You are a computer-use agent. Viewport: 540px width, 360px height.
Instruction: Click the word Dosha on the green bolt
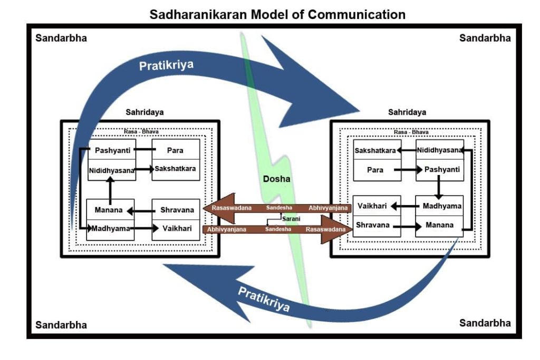click(277, 179)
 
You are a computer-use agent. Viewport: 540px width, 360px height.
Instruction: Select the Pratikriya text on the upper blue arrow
click(166, 65)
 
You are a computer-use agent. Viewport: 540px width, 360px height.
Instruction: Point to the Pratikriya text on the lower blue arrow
click(264, 298)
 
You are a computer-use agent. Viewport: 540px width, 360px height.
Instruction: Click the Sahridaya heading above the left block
click(144, 112)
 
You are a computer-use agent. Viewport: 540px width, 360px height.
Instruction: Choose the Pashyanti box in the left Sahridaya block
click(112, 150)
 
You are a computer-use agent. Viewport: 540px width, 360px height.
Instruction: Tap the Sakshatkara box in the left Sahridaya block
click(176, 170)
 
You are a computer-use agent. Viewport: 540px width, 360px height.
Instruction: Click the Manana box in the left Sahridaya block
click(109, 210)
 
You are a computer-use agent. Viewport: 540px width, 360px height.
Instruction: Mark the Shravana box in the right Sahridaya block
click(372, 225)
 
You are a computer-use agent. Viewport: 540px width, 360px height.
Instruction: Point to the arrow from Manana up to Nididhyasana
click(110, 190)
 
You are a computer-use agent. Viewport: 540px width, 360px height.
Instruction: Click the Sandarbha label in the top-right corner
click(485, 38)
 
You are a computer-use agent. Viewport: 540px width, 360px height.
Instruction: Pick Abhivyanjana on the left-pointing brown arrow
click(328, 208)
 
